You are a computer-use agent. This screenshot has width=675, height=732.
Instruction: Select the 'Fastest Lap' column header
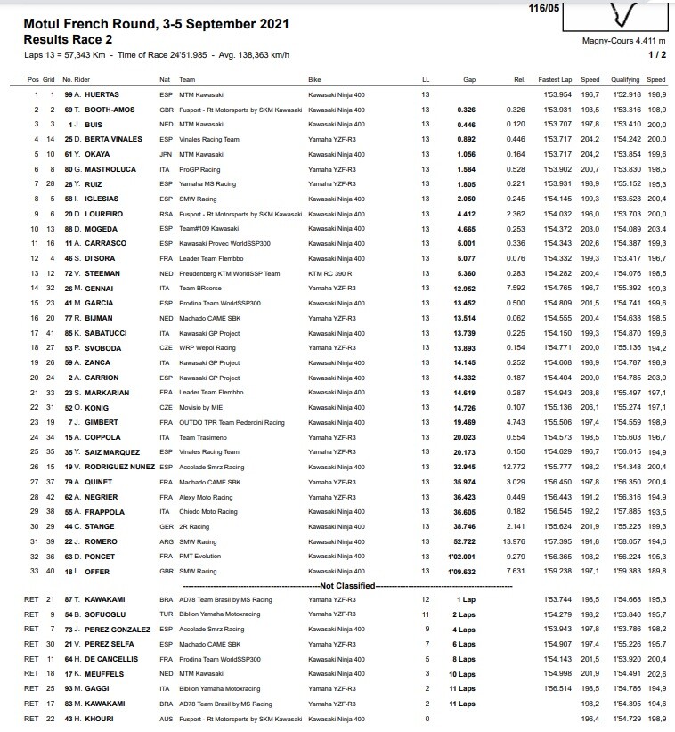pos(557,79)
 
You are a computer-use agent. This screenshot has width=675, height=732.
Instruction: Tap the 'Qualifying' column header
pos(625,79)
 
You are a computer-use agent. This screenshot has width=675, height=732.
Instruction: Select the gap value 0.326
pos(465,109)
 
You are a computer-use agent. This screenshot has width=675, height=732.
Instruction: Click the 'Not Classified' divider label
pos(338,585)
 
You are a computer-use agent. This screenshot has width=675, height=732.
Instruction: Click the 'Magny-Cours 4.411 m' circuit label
pos(623,40)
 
